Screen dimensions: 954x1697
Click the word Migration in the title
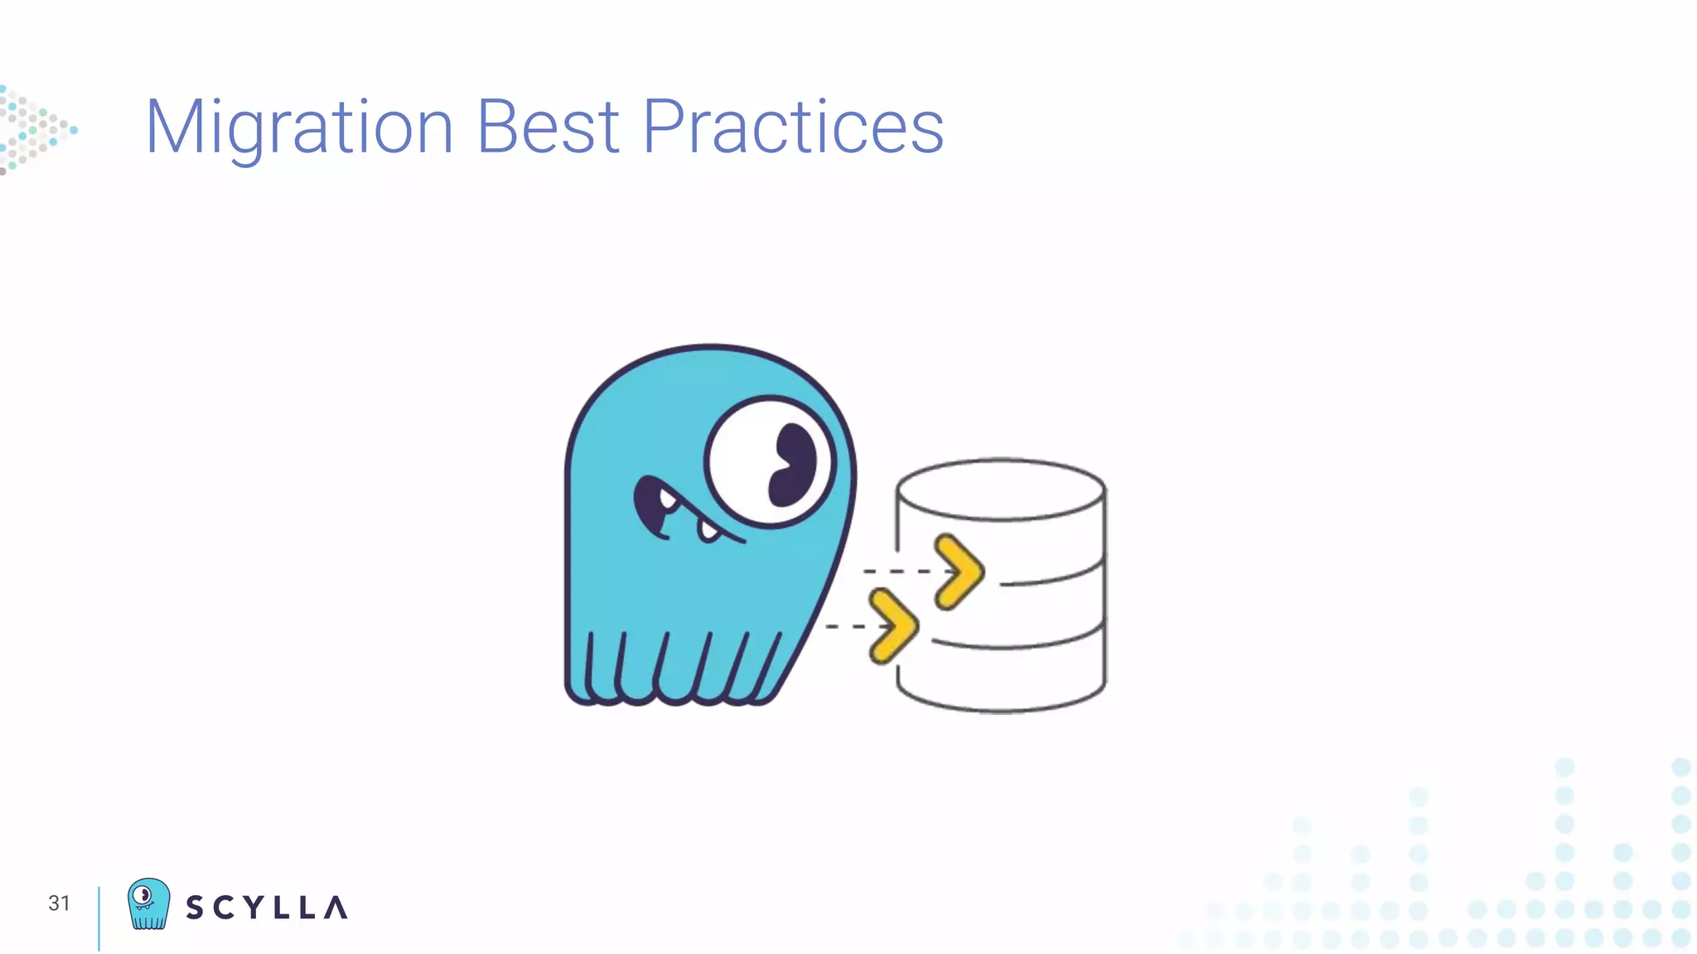[x=299, y=128]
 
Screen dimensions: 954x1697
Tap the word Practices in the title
[x=793, y=128]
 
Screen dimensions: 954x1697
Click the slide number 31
[x=59, y=903]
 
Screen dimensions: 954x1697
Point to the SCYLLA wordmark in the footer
[x=266, y=908]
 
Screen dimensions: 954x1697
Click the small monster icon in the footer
[x=148, y=903]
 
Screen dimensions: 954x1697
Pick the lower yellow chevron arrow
[x=893, y=626]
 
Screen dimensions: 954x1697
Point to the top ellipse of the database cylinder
[x=1001, y=489]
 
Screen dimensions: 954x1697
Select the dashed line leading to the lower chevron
[x=845, y=626]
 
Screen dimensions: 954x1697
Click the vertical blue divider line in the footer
[x=99, y=918]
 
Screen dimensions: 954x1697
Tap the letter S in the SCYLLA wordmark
[x=195, y=908]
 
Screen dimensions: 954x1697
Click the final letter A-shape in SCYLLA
[x=336, y=908]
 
